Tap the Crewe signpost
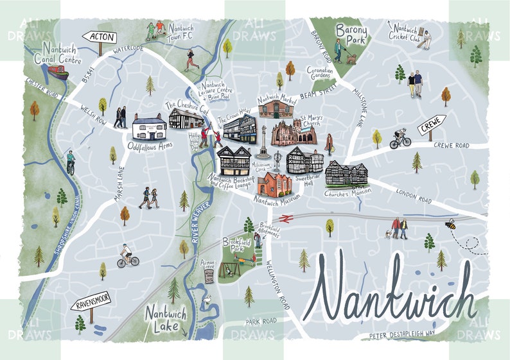click(431, 126)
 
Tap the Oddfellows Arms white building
click(149, 126)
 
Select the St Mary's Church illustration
click(294, 132)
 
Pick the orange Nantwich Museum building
click(274, 183)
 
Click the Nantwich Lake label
click(166, 318)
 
